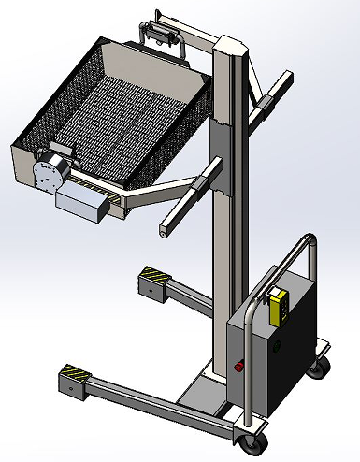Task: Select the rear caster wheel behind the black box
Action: [321, 366]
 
